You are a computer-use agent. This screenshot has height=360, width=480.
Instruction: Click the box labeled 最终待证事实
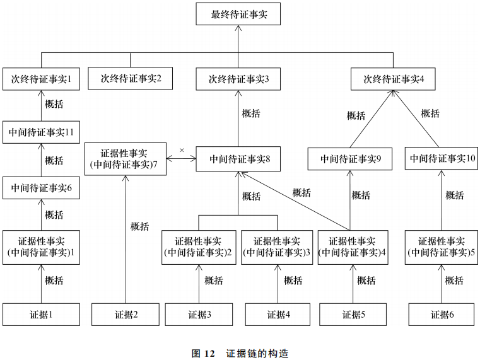tap(239, 14)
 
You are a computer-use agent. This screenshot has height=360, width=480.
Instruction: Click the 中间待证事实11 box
tap(41, 132)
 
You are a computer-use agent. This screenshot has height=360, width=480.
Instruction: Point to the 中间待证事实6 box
tap(41, 187)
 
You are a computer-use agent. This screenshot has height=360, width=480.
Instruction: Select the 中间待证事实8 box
tap(239, 159)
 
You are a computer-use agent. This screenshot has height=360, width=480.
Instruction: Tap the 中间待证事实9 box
tap(350, 159)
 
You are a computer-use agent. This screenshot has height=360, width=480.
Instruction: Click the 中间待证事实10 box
tap(442, 159)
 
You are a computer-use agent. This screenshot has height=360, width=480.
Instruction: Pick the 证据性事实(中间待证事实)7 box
tap(125, 159)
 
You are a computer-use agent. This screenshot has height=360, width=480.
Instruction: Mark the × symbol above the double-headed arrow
tap(182, 150)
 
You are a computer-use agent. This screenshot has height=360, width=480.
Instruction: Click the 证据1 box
tap(41, 314)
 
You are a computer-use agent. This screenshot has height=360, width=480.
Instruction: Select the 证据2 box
tap(126, 314)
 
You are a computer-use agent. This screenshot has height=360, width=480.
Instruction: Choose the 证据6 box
tap(442, 314)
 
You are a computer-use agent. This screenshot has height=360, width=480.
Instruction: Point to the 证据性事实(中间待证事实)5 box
tap(442, 247)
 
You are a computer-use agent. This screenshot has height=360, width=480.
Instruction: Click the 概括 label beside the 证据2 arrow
tap(139, 226)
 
